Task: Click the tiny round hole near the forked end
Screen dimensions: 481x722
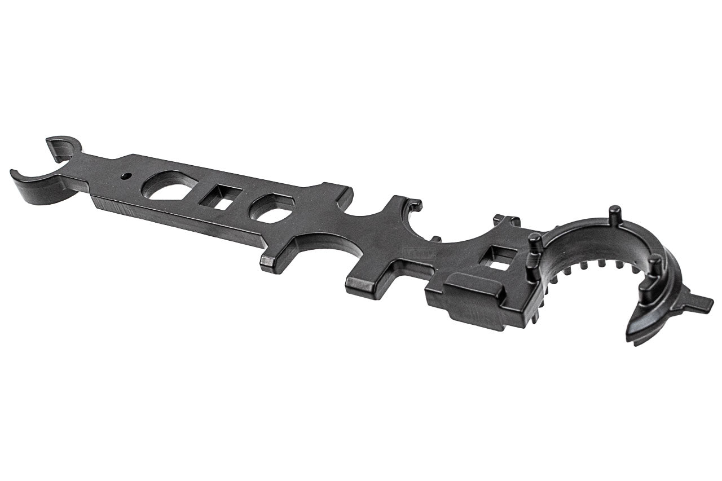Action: click(125, 176)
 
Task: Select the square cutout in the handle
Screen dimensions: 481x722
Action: click(221, 197)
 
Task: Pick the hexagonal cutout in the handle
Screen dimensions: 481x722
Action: click(271, 208)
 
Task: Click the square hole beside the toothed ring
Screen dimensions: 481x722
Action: click(501, 257)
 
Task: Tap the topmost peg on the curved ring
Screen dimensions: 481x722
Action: click(614, 215)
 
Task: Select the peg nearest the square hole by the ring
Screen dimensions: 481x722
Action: click(534, 246)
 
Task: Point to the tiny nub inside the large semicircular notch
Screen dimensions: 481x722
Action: click(435, 239)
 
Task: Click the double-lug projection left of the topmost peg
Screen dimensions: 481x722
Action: click(506, 220)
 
